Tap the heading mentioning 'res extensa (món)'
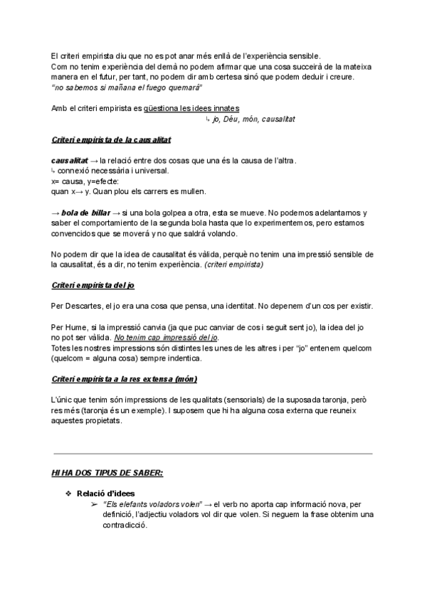[x=125, y=378]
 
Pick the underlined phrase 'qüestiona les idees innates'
[x=191, y=108]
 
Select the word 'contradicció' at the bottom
[x=125, y=525]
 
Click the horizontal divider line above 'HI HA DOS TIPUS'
[x=213, y=453]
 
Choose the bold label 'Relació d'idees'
[x=105, y=493]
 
